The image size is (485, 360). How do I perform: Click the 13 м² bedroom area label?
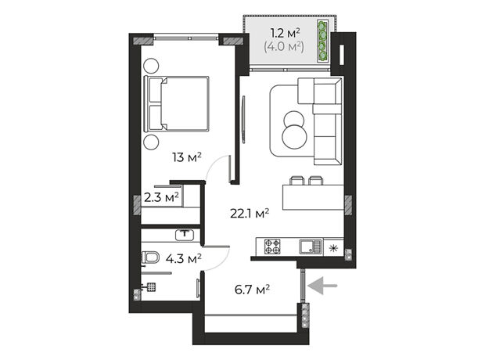[x=187, y=157]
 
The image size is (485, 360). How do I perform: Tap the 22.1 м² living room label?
[x=250, y=214]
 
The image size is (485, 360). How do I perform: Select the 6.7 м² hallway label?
[x=252, y=290]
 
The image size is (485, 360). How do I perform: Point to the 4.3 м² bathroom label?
[x=184, y=258]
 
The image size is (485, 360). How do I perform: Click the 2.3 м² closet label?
[x=161, y=197]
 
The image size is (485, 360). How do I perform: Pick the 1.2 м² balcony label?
[x=285, y=33]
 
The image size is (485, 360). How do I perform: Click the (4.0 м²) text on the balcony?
[x=284, y=47]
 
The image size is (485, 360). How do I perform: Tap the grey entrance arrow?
[x=323, y=286]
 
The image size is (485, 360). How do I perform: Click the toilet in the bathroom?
[x=150, y=257]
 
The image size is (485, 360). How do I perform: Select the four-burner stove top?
[x=272, y=247]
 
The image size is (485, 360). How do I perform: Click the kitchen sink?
[x=311, y=247]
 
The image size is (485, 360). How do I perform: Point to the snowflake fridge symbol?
[x=332, y=248]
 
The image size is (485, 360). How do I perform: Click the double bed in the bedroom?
[x=177, y=104]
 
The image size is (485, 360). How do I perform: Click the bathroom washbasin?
[x=185, y=235]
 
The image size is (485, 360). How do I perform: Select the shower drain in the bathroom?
[x=151, y=287]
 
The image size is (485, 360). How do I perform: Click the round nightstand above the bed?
[x=152, y=66]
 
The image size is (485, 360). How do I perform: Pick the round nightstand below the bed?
[x=151, y=142]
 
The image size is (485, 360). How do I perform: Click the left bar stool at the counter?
[x=296, y=180]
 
